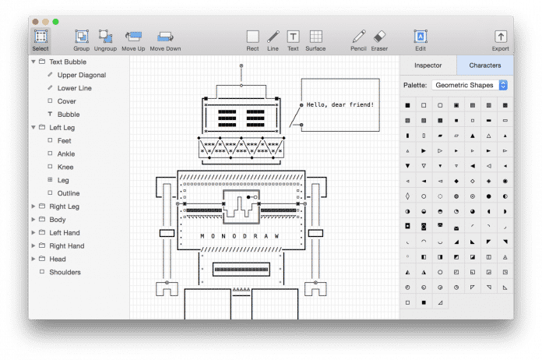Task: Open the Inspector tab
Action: point(428,65)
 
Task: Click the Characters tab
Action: point(485,65)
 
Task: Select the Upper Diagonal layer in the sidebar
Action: point(82,75)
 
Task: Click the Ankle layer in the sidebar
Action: point(66,154)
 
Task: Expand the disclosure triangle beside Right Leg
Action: point(33,206)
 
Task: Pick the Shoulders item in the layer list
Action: point(65,272)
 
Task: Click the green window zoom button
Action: point(55,22)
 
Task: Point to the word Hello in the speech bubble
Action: point(315,104)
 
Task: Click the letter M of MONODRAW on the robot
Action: point(202,236)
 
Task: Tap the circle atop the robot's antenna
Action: point(241,65)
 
